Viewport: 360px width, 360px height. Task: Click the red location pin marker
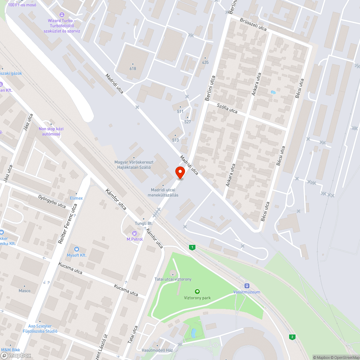(180, 172)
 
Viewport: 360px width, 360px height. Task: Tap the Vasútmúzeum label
(247, 292)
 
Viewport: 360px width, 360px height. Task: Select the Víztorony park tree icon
(197, 292)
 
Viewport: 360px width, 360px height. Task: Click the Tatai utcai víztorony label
(173, 279)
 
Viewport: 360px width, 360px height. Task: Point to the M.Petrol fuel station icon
(135, 233)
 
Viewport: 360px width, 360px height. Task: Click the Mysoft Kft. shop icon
(76, 249)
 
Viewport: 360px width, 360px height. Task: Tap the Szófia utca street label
(228, 108)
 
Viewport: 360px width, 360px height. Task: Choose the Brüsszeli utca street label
(253, 24)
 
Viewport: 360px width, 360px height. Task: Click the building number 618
(133, 68)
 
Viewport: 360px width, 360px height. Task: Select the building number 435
(205, 62)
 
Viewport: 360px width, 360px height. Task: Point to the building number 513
(175, 140)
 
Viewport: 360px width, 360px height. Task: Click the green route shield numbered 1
(193, 247)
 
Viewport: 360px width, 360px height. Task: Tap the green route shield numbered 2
(293, 337)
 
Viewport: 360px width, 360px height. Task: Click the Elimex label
(76, 198)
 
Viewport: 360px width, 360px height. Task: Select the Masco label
(24, 291)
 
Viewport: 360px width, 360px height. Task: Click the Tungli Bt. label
(144, 223)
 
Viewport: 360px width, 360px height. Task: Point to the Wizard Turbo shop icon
(62, 15)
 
